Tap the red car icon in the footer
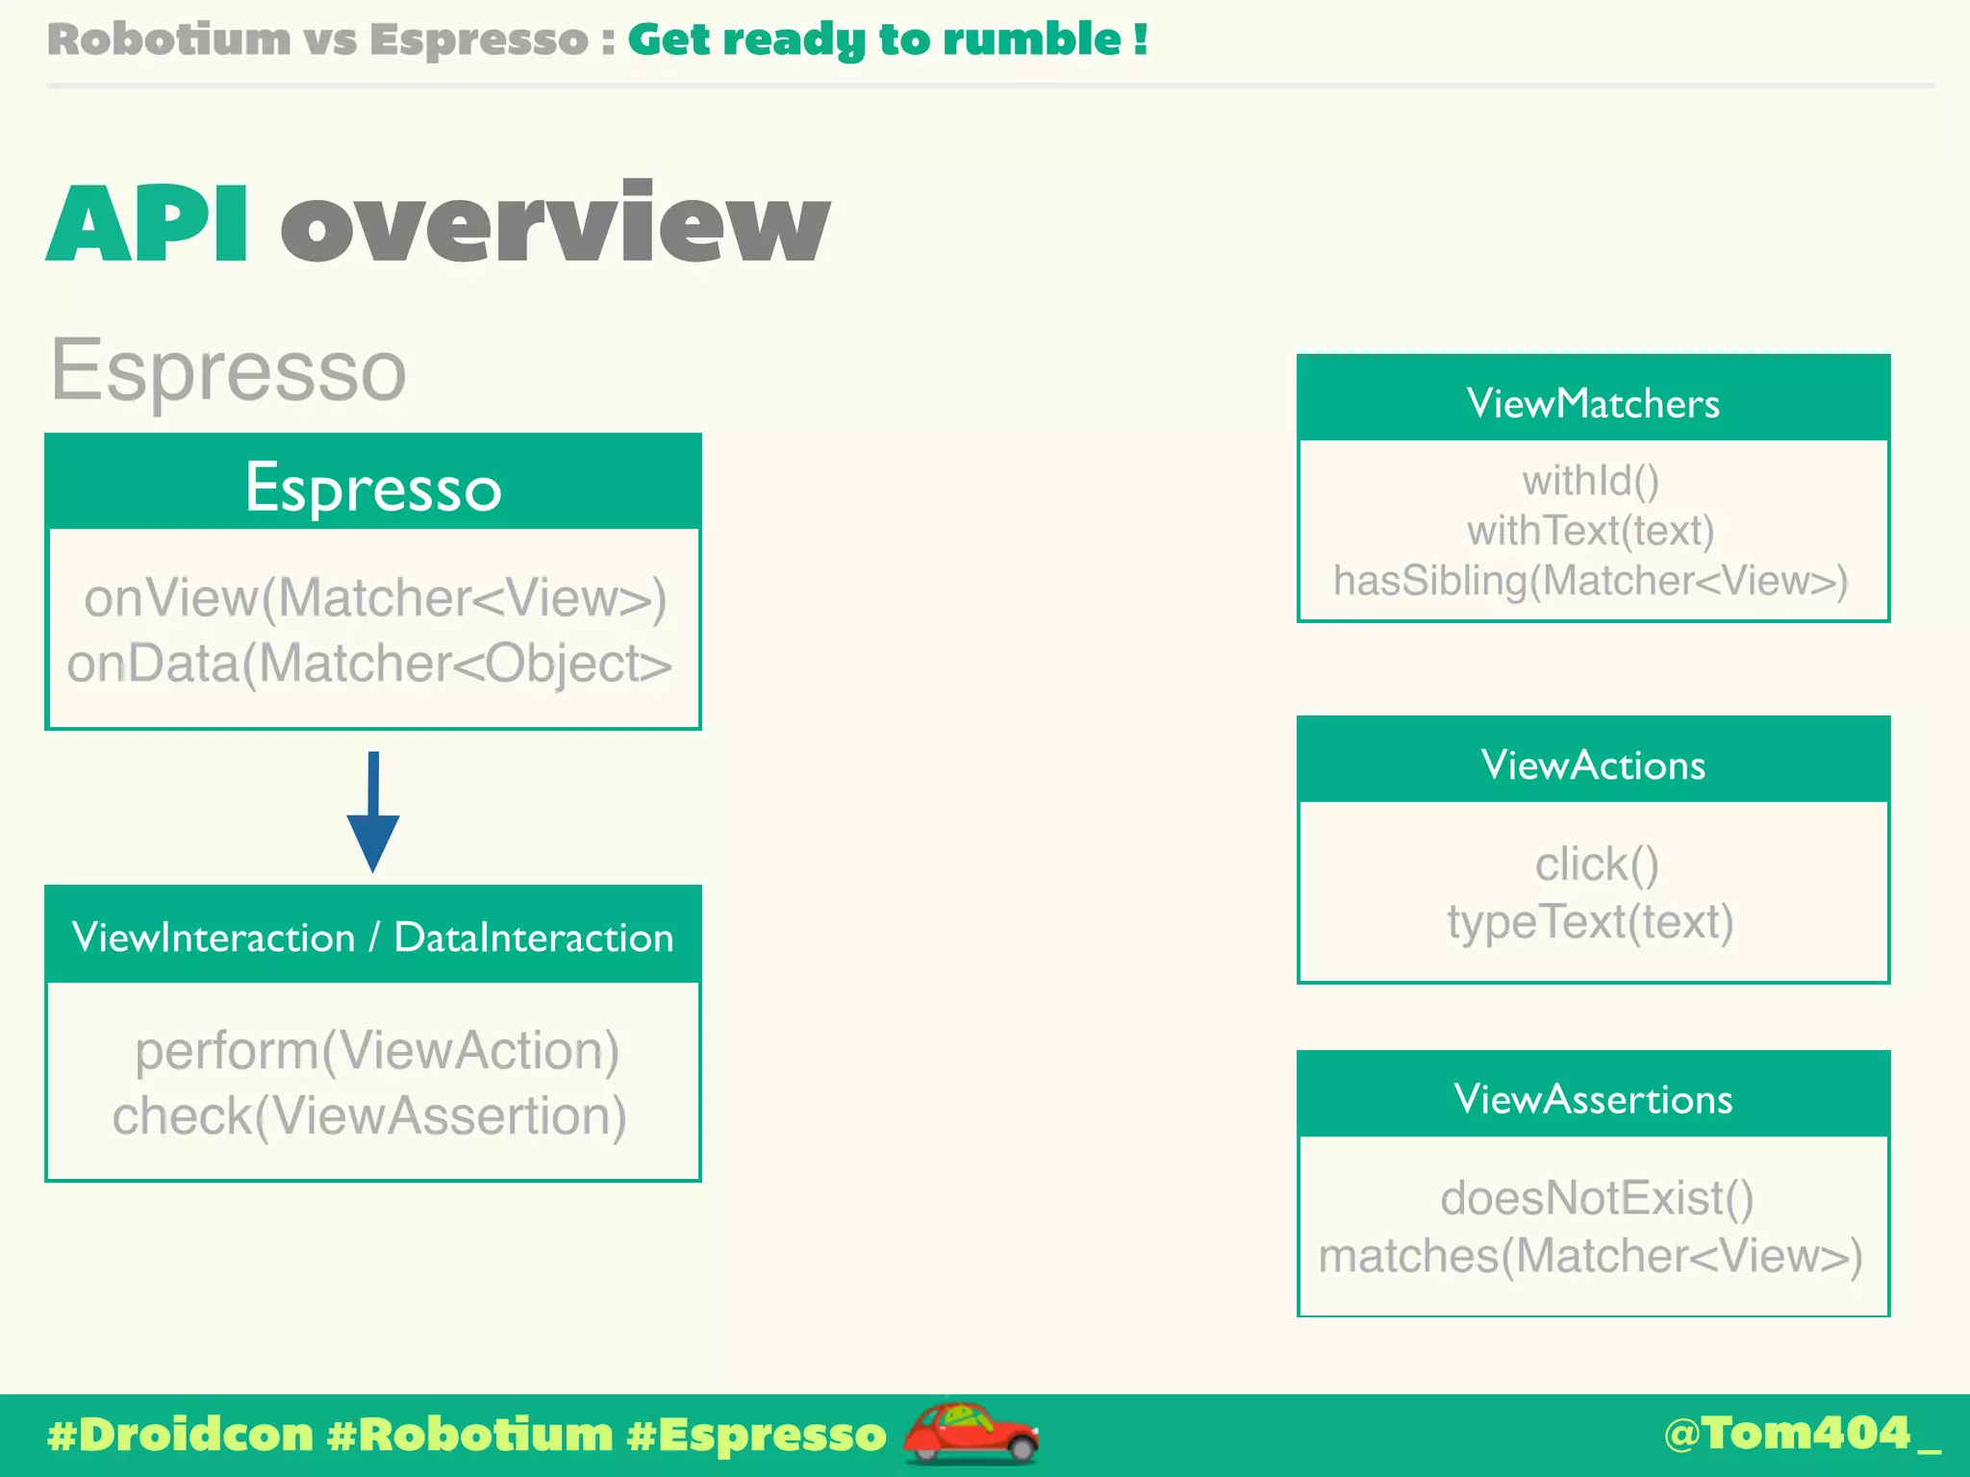click(x=970, y=1433)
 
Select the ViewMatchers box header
click(x=1593, y=403)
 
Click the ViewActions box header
click(x=1593, y=764)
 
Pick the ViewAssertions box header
click(x=1593, y=1098)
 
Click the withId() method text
click(x=1591, y=480)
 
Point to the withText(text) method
click(x=1591, y=530)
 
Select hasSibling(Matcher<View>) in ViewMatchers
click(x=1591, y=581)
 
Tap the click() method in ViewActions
click(x=1597, y=864)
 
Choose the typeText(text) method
click(x=1591, y=921)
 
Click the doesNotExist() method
click(x=1597, y=1198)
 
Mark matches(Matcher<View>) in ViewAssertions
click(x=1591, y=1255)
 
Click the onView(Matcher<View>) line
click(x=375, y=597)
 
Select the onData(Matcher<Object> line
click(x=369, y=663)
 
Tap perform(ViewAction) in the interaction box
click(x=377, y=1049)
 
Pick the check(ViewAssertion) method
click(x=369, y=1115)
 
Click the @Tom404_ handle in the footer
click(x=1801, y=1433)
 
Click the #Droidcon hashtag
click(x=181, y=1435)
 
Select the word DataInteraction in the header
click(x=534, y=938)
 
